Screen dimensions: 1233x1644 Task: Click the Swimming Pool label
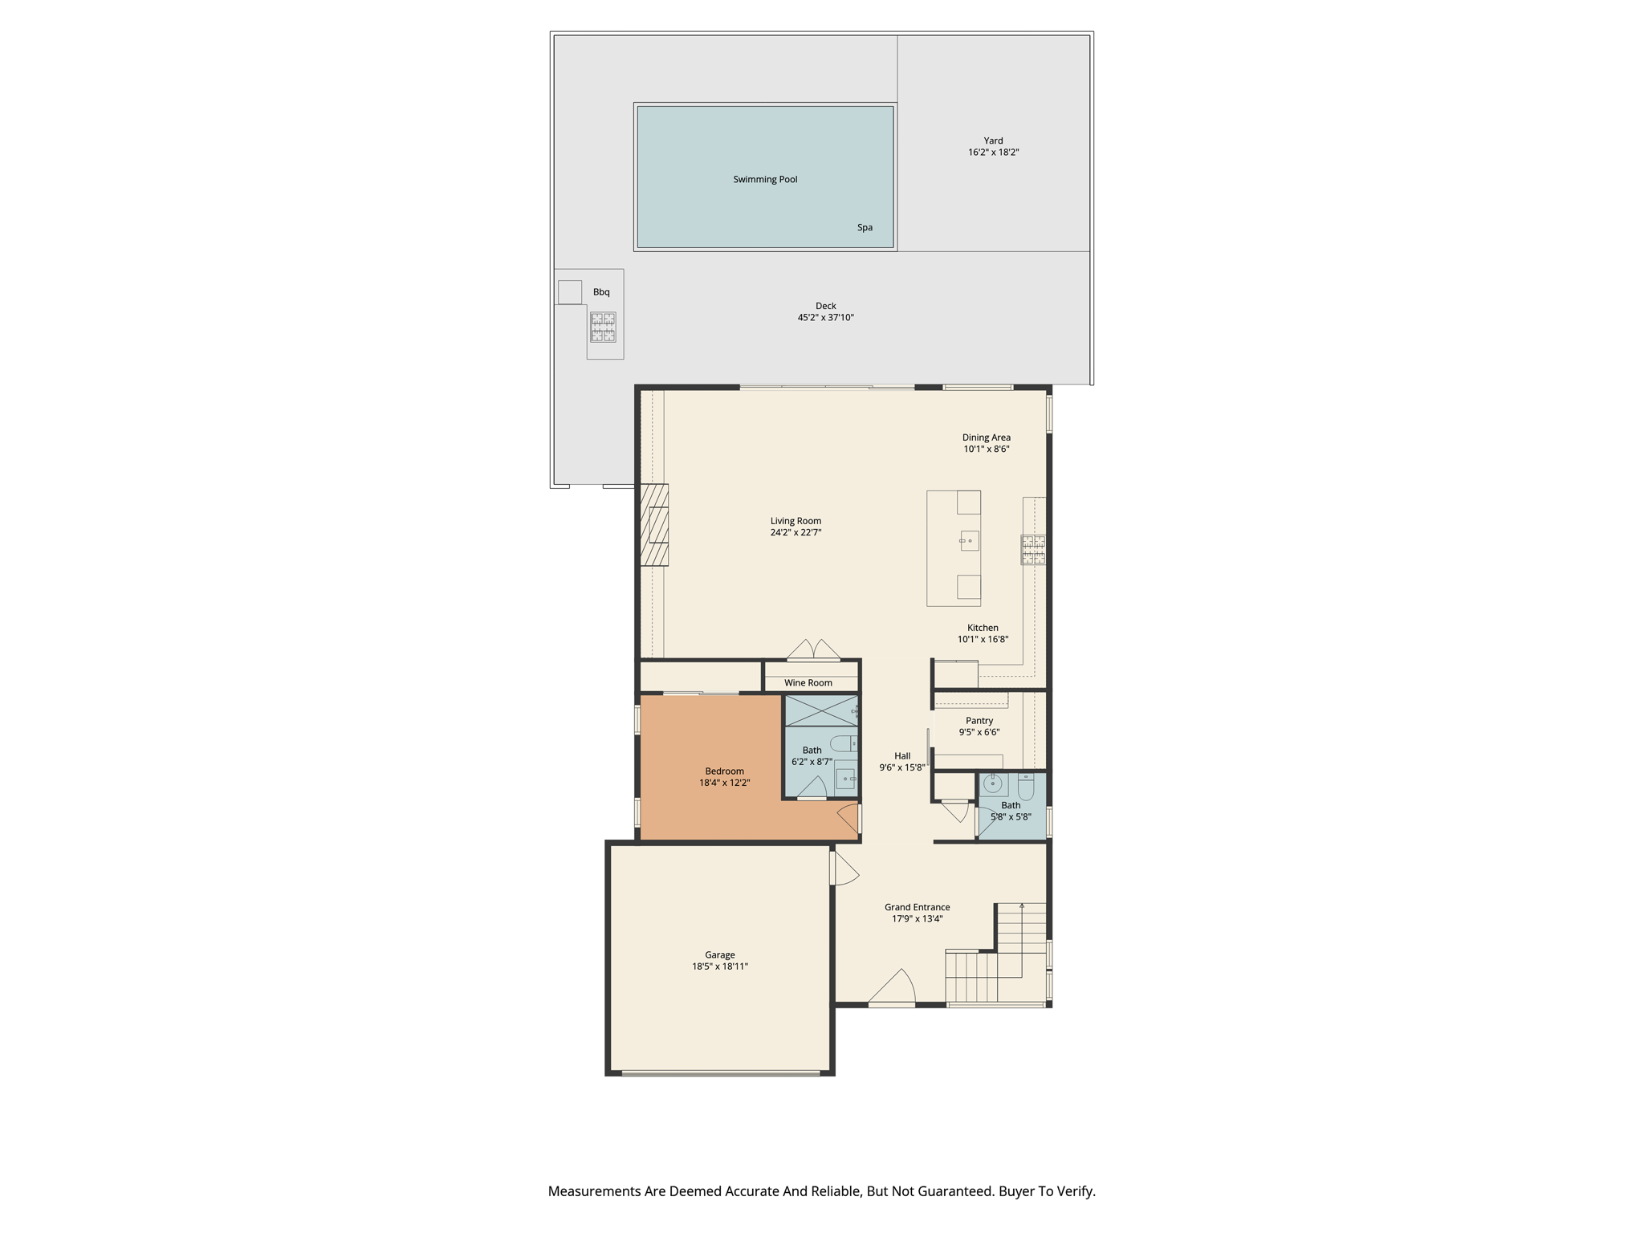765,179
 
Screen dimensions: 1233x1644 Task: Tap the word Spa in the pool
865,227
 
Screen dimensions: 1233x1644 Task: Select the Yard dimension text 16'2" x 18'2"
993,153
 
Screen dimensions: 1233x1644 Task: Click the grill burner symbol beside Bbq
603,327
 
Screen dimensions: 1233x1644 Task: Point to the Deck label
825,306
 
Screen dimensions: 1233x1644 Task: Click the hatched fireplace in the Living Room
654,525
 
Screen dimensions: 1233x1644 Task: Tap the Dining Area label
986,437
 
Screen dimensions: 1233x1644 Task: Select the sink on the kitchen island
969,541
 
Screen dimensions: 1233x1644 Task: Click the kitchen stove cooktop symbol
1033,549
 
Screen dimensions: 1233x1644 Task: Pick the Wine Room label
808,683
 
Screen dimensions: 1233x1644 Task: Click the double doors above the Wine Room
813,650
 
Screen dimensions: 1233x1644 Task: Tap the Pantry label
979,721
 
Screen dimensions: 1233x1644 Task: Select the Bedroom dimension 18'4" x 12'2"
724,783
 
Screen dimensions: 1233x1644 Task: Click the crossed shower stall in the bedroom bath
820,710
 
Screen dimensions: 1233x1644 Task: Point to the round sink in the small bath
993,783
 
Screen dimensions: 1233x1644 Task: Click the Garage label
719,955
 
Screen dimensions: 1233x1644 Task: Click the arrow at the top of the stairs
1022,906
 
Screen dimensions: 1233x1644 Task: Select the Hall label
902,756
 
